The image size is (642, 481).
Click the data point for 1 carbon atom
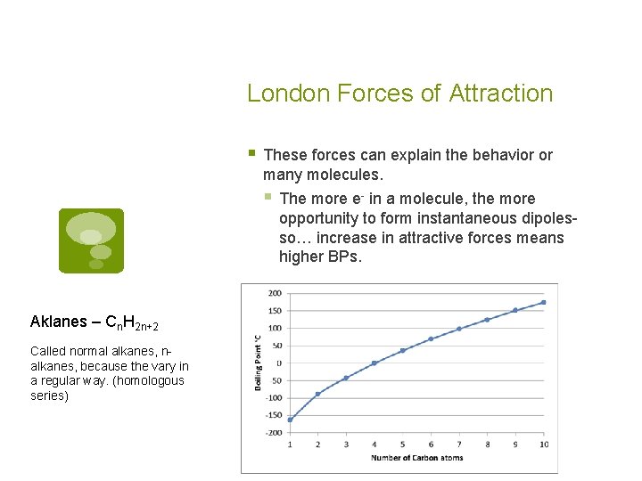290,420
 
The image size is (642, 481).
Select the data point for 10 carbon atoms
543,302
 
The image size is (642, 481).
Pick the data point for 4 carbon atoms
374,363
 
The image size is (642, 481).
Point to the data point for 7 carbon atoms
458,329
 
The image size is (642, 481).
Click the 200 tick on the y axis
274,293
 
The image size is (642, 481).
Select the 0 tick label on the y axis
278,363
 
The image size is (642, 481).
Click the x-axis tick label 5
402,444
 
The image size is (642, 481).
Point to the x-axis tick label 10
543,444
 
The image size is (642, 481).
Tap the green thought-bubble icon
91,240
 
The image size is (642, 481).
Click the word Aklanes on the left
59,322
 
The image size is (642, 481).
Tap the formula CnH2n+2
131,322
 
